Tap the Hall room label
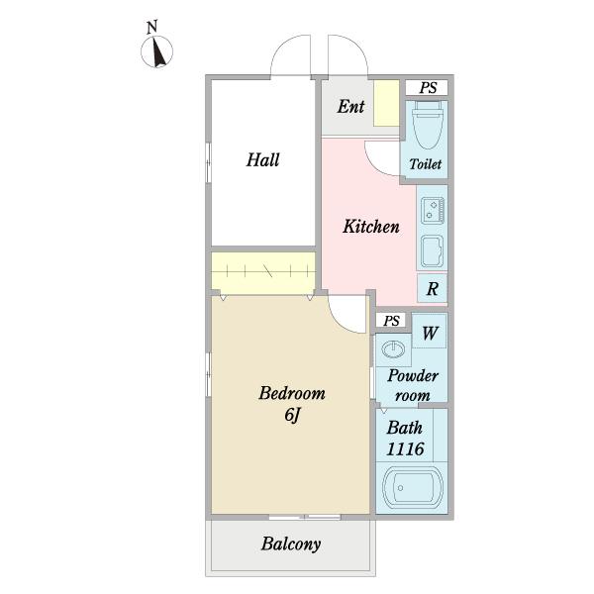pos(262,159)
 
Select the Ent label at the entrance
pos(350,107)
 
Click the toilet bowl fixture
pos(427,125)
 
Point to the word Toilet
pos(426,164)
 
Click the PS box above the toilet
pos(427,87)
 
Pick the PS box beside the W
pos(391,321)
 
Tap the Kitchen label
pos(371,226)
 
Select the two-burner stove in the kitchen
pos(433,210)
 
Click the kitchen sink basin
pos(433,251)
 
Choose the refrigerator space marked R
pos(433,288)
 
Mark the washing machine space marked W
pos(430,331)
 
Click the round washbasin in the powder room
pos(393,348)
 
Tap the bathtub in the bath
pos(413,487)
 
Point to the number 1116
pos(405,448)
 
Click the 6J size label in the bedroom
pos(292,416)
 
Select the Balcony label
pos(290,544)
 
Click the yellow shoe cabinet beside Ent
pos(386,103)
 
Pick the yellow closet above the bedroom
pos(263,273)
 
